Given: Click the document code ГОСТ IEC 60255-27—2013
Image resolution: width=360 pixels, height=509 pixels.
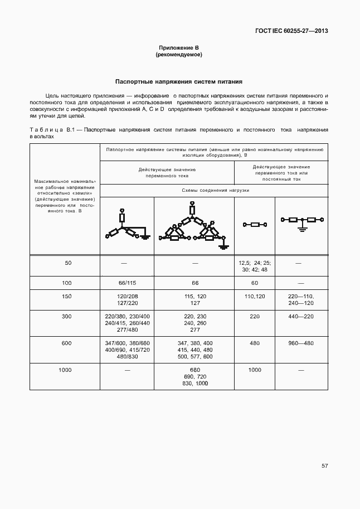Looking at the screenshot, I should pos(291,31).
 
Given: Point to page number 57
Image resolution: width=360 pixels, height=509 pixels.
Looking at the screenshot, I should pos(324,466).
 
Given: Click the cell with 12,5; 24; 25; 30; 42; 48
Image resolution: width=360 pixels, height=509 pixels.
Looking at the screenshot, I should pos(254,266).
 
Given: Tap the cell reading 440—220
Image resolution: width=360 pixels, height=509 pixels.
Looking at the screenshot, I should pos(301,316).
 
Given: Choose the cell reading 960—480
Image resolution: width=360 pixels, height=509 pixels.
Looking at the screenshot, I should pos(301,343).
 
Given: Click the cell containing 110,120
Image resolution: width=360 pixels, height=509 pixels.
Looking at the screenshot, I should pos(254,296).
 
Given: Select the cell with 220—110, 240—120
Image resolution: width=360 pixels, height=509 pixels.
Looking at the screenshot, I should pos(301,299).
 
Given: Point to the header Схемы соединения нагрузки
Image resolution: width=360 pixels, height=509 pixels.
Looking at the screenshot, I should pos(215,190).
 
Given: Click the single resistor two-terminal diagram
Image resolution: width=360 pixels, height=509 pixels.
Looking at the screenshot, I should pos(255,225).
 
